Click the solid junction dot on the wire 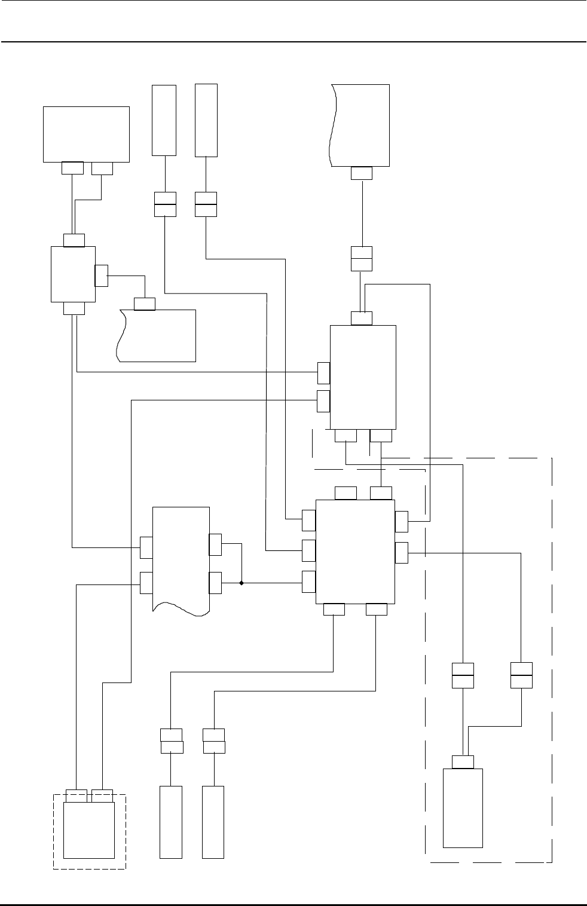[241, 582]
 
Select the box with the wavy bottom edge [181, 556]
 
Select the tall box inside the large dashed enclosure [463, 807]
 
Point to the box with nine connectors [355, 552]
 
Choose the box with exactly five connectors [363, 377]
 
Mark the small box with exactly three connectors [74, 274]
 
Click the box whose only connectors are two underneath [87, 134]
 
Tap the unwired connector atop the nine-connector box [346, 493]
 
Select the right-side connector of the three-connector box [101, 275]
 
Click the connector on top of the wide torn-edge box [145, 304]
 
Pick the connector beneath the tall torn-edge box [361, 173]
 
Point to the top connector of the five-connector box [361, 318]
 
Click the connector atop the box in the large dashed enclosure [463, 761]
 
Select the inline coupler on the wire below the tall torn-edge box [362, 259]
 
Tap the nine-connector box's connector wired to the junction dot [309, 581]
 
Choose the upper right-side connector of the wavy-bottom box [215, 544]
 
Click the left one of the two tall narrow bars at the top [164, 120]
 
